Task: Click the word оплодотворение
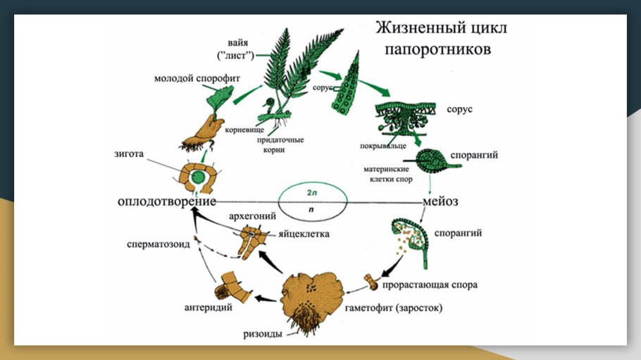point(166,201)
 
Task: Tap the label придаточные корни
point(280,144)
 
